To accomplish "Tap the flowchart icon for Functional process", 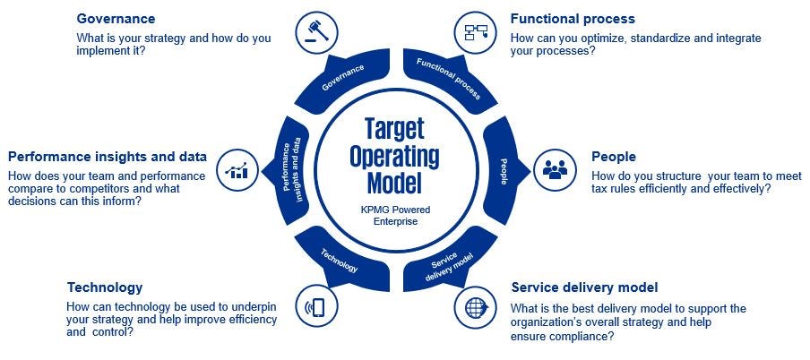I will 472,32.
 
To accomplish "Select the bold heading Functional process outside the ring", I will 573,19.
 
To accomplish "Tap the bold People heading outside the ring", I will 613,157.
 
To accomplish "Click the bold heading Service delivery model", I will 584,287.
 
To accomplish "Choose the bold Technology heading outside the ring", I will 105,287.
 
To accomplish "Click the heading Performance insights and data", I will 108,157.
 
